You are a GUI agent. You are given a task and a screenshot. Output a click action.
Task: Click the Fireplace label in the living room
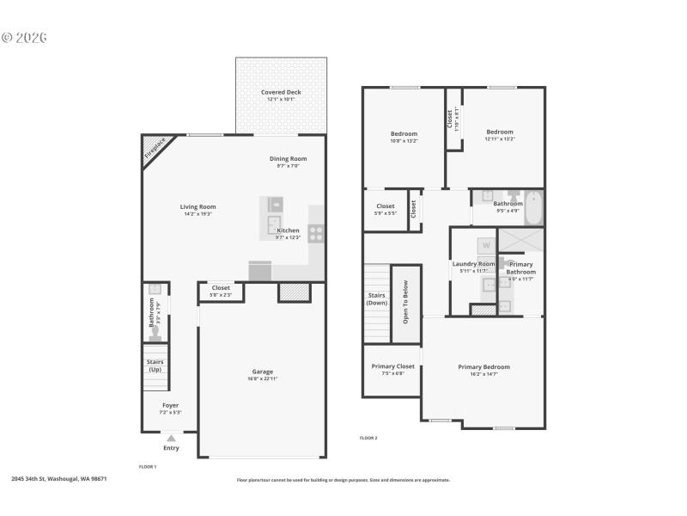(x=155, y=149)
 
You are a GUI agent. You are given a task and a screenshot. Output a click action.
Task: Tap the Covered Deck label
(x=282, y=93)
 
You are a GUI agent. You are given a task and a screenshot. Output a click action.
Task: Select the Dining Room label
(x=288, y=159)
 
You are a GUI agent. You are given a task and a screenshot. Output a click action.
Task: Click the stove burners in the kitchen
(x=316, y=230)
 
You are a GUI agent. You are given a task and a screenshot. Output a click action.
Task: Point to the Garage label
(x=262, y=372)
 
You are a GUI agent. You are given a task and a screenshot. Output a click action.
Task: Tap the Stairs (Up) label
(x=155, y=365)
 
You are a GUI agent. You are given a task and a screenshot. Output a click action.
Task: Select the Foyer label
(x=171, y=405)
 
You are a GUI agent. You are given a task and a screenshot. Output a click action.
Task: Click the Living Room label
(x=198, y=207)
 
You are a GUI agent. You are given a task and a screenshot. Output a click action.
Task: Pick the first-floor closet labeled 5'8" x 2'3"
(x=221, y=290)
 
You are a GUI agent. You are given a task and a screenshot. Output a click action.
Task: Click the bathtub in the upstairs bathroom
(x=533, y=207)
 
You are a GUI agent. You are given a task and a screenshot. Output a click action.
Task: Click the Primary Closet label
(x=392, y=367)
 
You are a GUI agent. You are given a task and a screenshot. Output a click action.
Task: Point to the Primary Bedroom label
(x=483, y=367)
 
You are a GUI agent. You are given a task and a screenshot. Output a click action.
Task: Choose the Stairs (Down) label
(x=377, y=299)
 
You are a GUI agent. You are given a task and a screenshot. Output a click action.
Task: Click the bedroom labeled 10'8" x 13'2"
(x=404, y=135)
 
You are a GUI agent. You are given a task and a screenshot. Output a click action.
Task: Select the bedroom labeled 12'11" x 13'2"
(x=500, y=135)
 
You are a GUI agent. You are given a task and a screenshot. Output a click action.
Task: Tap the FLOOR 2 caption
(x=368, y=438)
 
